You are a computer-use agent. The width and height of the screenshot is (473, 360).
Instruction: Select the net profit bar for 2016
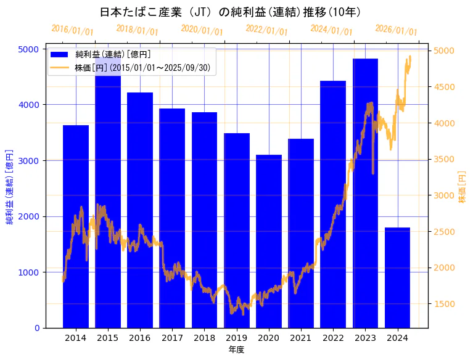(x=140, y=210)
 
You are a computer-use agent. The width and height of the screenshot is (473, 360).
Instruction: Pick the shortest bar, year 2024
(x=398, y=277)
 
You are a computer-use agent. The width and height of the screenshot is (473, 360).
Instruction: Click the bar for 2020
(x=269, y=241)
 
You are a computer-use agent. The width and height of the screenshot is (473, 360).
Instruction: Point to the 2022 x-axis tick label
(x=333, y=338)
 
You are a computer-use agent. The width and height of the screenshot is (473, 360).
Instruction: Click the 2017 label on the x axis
(x=172, y=338)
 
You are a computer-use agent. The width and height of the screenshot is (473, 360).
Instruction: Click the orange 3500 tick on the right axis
(x=445, y=159)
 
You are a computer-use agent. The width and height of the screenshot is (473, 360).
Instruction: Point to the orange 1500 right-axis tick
(x=445, y=304)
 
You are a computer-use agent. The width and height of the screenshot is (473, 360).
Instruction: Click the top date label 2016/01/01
(x=72, y=30)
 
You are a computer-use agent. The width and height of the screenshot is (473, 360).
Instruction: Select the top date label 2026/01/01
(x=396, y=30)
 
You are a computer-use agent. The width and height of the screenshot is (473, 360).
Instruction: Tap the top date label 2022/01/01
(x=266, y=30)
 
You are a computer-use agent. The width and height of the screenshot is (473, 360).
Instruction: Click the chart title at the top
(x=231, y=12)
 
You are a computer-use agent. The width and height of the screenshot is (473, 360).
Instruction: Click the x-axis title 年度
(x=236, y=350)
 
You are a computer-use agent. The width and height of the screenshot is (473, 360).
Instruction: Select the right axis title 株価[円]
(x=463, y=187)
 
